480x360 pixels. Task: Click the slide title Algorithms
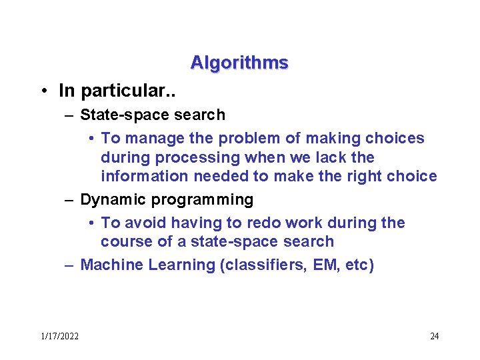coord(239,63)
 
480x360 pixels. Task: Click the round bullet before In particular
coord(42,91)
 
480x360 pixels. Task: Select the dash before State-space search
coord(69,115)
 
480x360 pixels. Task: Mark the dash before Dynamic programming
coord(69,200)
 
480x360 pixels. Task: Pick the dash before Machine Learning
coord(69,265)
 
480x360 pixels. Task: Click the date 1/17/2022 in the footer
coord(59,336)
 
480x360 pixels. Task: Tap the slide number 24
coord(434,336)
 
